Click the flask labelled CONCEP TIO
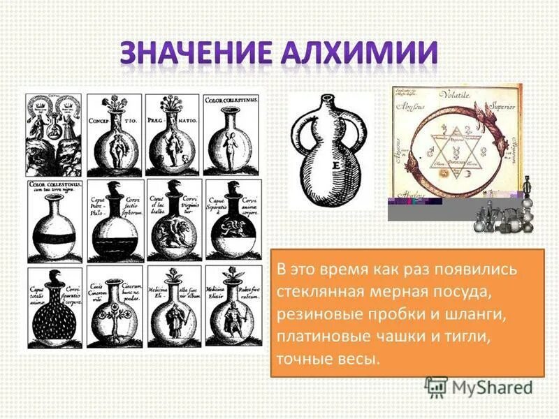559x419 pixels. pos(115,140)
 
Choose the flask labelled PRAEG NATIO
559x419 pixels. pos(173,140)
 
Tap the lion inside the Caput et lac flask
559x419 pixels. pos(173,230)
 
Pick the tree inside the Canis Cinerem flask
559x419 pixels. pos(115,314)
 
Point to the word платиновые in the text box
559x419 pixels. pos(317,337)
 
